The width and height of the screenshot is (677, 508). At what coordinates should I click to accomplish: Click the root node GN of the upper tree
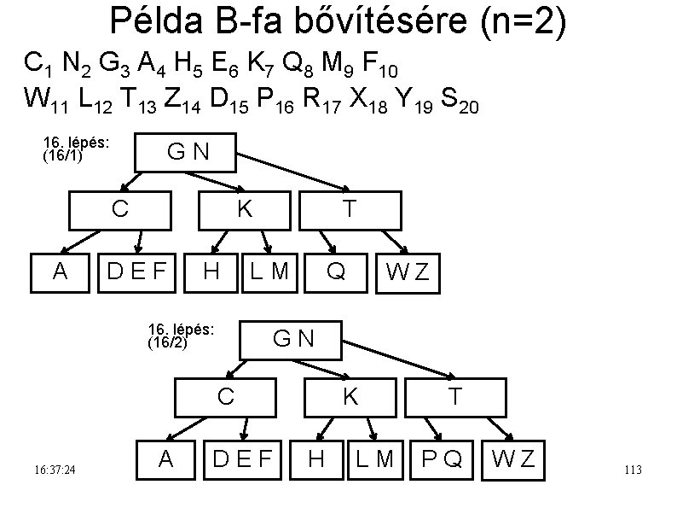click(188, 153)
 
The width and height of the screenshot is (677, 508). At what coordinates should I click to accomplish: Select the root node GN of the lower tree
click(292, 339)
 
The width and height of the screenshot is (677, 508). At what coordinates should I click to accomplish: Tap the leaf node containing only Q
click(336, 272)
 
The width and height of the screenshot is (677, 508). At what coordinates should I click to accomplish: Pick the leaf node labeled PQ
click(442, 459)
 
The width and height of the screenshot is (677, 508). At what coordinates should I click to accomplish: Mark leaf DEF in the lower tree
click(242, 459)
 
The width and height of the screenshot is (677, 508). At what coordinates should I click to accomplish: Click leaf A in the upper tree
click(60, 272)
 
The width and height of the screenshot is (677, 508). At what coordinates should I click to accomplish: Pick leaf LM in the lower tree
click(375, 459)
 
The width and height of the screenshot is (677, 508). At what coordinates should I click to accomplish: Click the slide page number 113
click(633, 470)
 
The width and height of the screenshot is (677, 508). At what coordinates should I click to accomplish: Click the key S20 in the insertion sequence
click(462, 104)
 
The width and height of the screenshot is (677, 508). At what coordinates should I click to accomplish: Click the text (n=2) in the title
click(521, 23)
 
